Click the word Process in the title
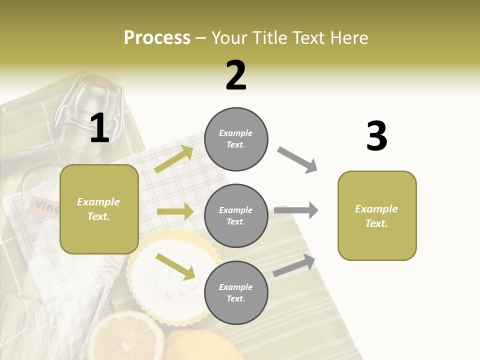[157, 37]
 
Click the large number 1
[99, 128]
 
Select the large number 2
[236, 75]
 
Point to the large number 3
[376, 136]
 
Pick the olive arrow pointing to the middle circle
[175, 211]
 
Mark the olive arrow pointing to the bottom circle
[175, 266]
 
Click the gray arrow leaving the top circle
[297, 160]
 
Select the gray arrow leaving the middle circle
[296, 210]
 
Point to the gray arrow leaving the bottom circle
[294, 265]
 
